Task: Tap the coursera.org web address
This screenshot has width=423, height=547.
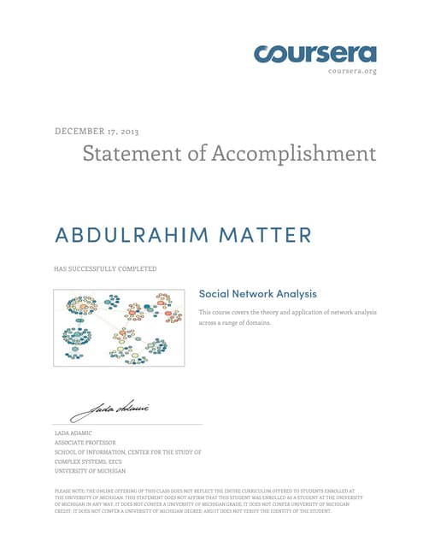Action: [x=352, y=71]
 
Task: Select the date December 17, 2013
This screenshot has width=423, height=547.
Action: [x=97, y=132]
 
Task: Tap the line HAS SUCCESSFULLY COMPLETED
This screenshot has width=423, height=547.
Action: [x=105, y=269]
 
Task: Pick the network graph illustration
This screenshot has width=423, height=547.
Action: [x=119, y=329]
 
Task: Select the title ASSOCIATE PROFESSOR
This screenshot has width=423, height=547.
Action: [x=89, y=443]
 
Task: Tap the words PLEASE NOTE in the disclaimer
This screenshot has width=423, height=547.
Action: [x=69, y=491]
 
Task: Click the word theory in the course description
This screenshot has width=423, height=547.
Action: [x=273, y=312]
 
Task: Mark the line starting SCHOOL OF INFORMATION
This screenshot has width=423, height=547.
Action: [x=127, y=452]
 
